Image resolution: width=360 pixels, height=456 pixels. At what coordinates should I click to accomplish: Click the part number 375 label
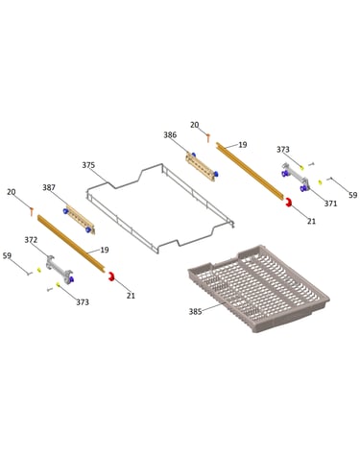pyautogui.click(x=88, y=165)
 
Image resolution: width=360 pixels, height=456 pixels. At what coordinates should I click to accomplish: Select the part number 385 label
pyautogui.click(x=195, y=311)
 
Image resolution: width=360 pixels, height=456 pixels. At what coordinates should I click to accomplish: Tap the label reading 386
pyautogui.click(x=170, y=134)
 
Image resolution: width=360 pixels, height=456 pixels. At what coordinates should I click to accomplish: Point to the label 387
pyautogui.click(x=49, y=187)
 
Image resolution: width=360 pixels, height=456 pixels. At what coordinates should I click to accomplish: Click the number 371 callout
pyautogui.click(x=330, y=204)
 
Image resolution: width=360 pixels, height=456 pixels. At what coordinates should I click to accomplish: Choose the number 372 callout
pyautogui.click(x=31, y=240)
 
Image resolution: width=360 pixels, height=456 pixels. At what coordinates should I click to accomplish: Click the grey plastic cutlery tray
pyautogui.click(x=258, y=288)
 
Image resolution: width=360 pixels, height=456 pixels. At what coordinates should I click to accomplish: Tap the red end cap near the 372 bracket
pyautogui.click(x=111, y=276)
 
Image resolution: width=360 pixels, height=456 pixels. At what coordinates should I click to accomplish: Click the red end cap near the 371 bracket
pyautogui.click(x=288, y=203)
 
